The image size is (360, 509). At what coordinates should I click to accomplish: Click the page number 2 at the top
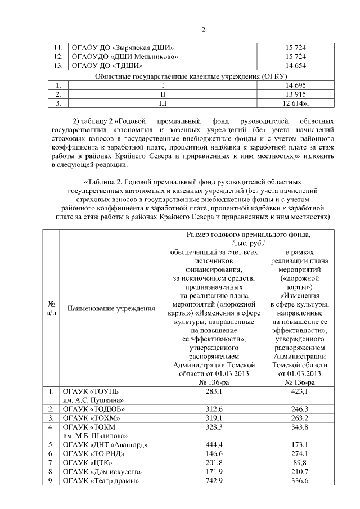[204, 30]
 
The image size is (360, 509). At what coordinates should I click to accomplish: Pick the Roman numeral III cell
[163, 103]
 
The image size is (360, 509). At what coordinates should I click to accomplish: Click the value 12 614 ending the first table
[296, 103]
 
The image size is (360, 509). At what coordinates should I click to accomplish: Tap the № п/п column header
[51, 309]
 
